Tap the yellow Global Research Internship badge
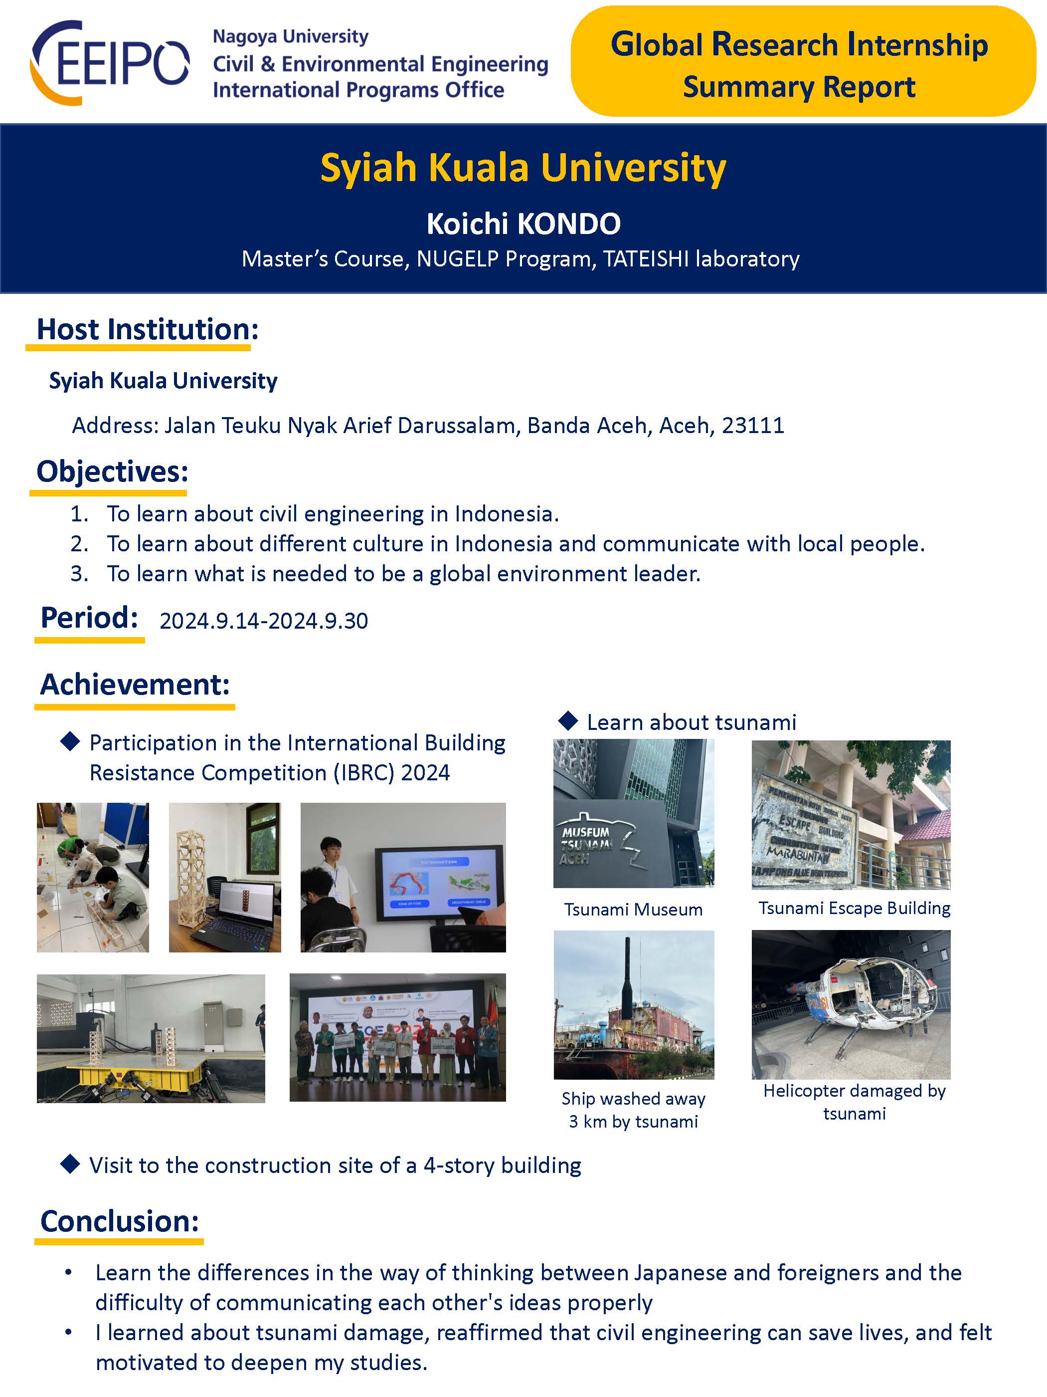(x=802, y=62)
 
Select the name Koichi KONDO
(x=523, y=224)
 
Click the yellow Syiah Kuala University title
(x=523, y=168)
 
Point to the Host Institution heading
(x=147, y=329)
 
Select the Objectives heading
(x=112, y=471)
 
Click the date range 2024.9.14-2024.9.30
(x=264, y=621)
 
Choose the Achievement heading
(x=135, y=684)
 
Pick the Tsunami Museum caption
(x=633, y=910)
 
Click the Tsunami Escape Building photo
(x=851, y=815)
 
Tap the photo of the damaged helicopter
(x=851, y=1005)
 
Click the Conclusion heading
(x=119, y=1221)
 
